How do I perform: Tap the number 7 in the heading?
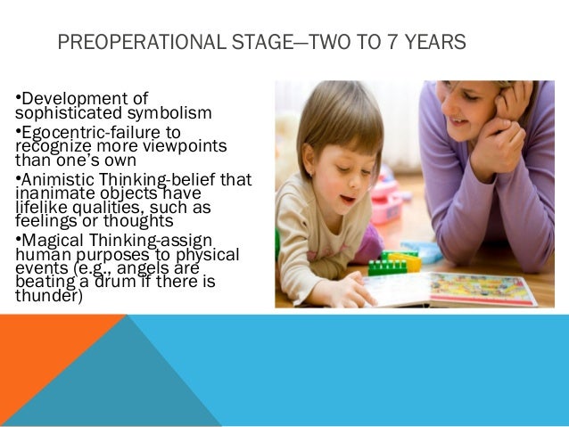tap(380, 42)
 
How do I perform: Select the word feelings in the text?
tap(45, 220)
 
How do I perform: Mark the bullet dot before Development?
tap(19, 97)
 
